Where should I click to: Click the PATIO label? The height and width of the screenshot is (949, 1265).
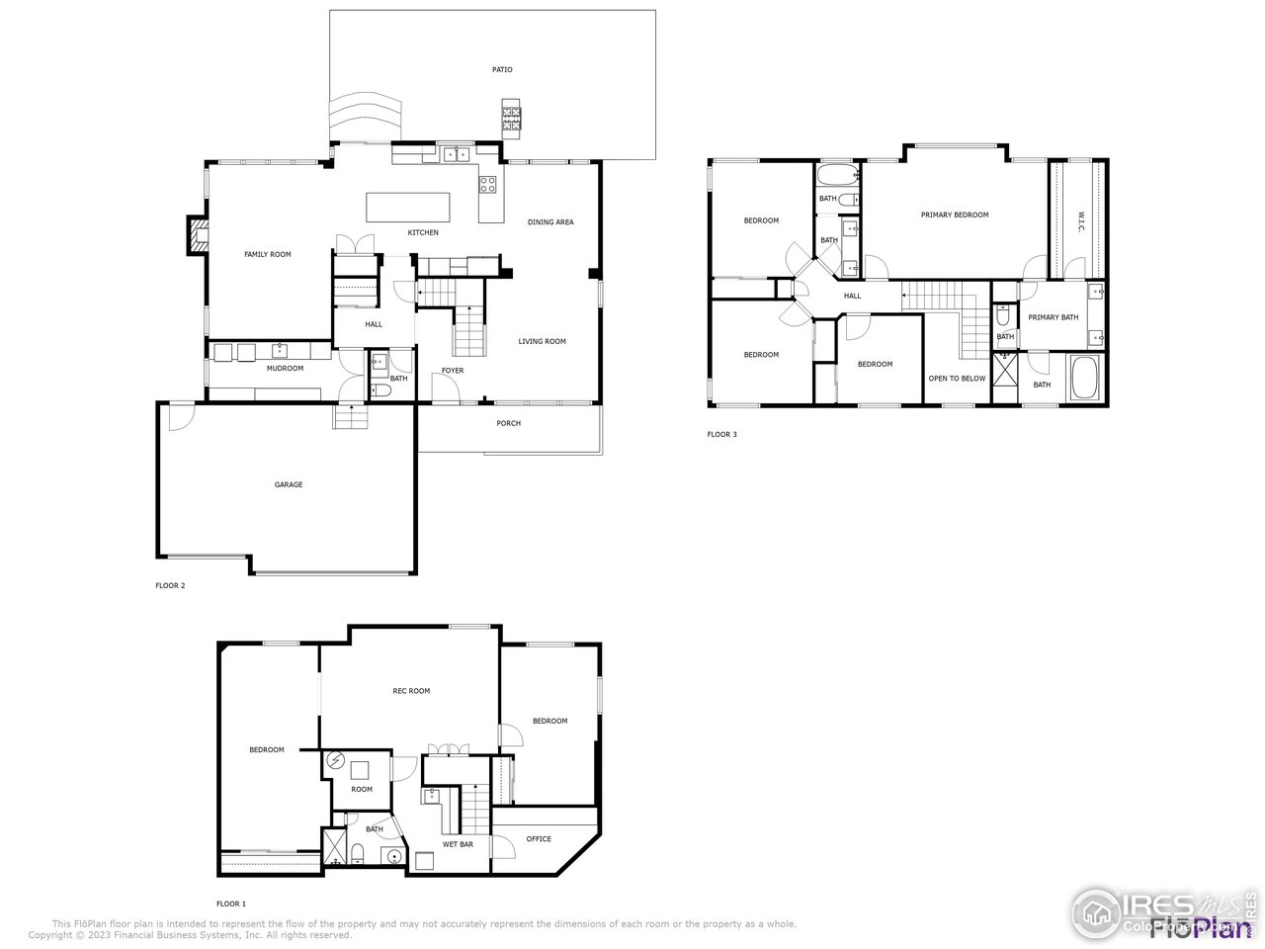[x=502, y=70]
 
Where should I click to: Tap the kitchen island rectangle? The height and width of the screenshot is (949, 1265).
[x=408, y=208]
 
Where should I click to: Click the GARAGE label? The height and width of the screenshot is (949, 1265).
[x=289, y=484]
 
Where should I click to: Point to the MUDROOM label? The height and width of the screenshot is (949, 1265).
[x=285, y=369]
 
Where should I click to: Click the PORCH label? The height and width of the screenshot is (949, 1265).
[x=508, y=423]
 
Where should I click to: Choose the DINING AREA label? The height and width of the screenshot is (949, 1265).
[x=550, y=222]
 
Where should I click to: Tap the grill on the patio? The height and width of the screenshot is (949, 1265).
[x=511, y=115]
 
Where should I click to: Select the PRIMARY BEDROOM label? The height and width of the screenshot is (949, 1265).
[x=955, y=215]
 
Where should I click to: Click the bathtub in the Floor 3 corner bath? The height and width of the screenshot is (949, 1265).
[x=1083, y=379]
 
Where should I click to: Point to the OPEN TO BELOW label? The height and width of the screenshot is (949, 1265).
[x=957, y=379]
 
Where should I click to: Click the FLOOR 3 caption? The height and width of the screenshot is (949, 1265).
[x=721, y=434]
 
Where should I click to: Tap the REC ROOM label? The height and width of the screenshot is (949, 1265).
[x=411, y=691]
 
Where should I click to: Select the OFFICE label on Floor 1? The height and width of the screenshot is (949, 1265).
[x=539, y=839]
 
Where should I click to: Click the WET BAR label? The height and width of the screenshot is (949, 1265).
[x=458, y=845]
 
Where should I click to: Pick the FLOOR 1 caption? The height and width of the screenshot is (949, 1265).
[x=231, y=904]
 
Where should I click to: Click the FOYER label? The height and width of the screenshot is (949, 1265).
[x=453, y=371]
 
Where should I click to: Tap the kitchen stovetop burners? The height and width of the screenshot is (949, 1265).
[x=488, y=183]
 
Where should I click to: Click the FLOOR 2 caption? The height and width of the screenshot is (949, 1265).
[x=170, y=585]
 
